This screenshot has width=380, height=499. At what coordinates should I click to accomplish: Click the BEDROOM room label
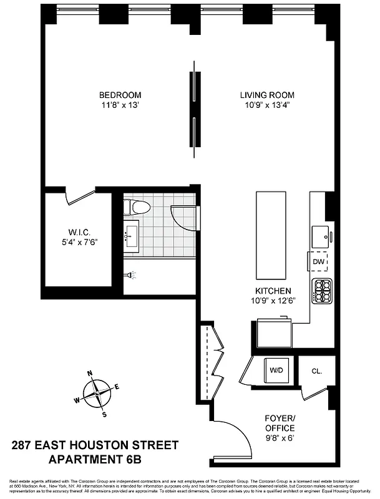120,95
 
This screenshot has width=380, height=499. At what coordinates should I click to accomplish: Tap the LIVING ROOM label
268,95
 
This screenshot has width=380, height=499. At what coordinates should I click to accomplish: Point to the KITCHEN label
273,291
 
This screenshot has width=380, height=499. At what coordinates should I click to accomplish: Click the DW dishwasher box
318,263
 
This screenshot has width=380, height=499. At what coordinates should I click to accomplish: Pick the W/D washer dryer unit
276,370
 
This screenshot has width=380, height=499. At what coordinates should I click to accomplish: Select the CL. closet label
316,371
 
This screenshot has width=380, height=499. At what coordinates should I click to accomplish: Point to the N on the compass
90,374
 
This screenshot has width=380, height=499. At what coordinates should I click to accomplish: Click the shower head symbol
129,274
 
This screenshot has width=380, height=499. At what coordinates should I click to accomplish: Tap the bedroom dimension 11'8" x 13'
120,105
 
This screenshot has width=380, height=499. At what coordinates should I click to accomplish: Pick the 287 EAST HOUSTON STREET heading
95,445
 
